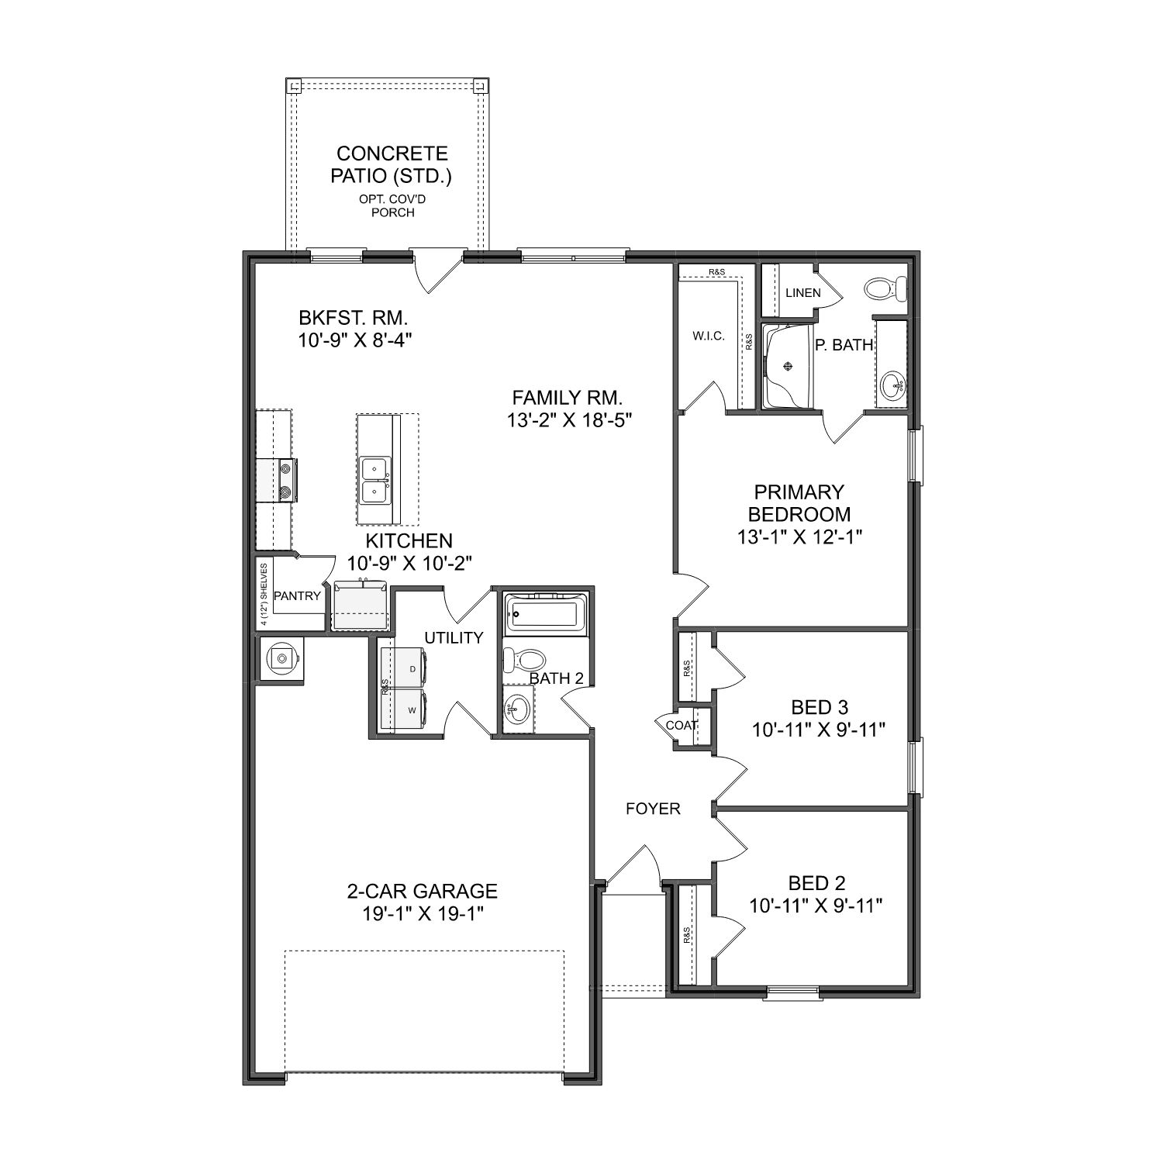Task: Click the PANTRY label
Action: (x=297, y=596)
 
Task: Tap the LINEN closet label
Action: (x=802, y=293)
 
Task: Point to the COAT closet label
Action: (x=682, y=726)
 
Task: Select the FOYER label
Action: (x=653, y=809)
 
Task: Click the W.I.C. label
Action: (x=708, y=336)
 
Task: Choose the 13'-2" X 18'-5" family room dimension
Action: (x=568, y=420)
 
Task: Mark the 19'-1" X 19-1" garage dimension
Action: (x=422, y=913)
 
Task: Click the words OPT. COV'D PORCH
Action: (x=392, y=205)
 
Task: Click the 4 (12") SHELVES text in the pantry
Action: (x=264, y=595)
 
